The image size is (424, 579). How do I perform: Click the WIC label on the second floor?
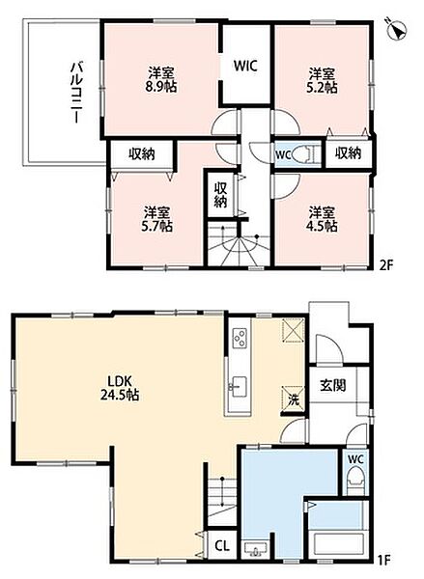(x=245, y=66)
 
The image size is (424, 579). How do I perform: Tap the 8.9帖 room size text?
(x=160, y=87)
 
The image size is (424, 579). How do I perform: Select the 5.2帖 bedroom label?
(x=322, y=87)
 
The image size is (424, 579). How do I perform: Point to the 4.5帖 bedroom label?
(x=322, y=226)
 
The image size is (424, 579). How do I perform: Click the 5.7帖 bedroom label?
(x=156, y=226)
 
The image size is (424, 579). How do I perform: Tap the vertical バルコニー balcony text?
(x=77, y=93)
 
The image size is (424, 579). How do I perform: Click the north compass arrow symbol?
(x=397, y=30)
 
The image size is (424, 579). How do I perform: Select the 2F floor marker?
(x=386, y=265)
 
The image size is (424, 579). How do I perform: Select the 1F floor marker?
(x=384, y=560)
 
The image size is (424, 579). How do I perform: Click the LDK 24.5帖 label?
(x=120, y=388)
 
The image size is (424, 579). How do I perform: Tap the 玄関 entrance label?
(x=332, y=385)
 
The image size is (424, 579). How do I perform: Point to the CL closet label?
(x=222, y=545)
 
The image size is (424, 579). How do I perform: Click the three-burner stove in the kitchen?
(x=239, y=338)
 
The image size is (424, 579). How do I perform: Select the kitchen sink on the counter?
(x=239, y=387)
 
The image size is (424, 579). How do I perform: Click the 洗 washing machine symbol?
(x=294, y=398)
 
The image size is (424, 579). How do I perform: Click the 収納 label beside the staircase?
(x=220, y=195)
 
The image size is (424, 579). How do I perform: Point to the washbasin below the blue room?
(x=255, y=549)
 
